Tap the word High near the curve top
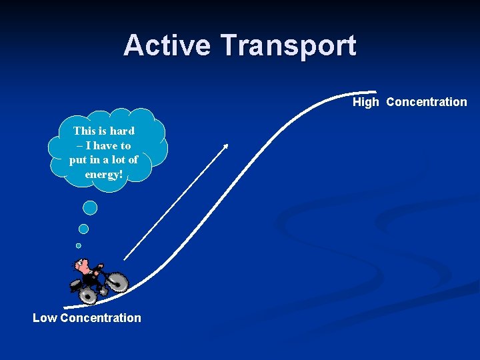pyautogui.click(x=365, y=102)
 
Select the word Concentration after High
pyautogui.click(x=427, y=102)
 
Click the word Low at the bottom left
pyautogui.click(x=45, y=318)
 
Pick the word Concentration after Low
pyautogui.click(x=101, y=318)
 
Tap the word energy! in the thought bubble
pyautogui.click(x=104, y=174)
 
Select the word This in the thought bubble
pyautogui.click(x=85, y=131)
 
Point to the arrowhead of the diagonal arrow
pyautogui.click(x=226, y=145)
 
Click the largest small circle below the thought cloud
pyautogui.click(x=90, y=208)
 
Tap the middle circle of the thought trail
pyautogui.click(x=83, y=229)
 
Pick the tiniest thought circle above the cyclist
pyautogui.click(x=79, y=245)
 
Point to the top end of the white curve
pyautogui.click(x=375, y=92)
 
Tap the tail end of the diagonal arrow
pyautogui.click(x=125, y=259)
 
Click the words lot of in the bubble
pyautogui.click(x=125, y=160)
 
